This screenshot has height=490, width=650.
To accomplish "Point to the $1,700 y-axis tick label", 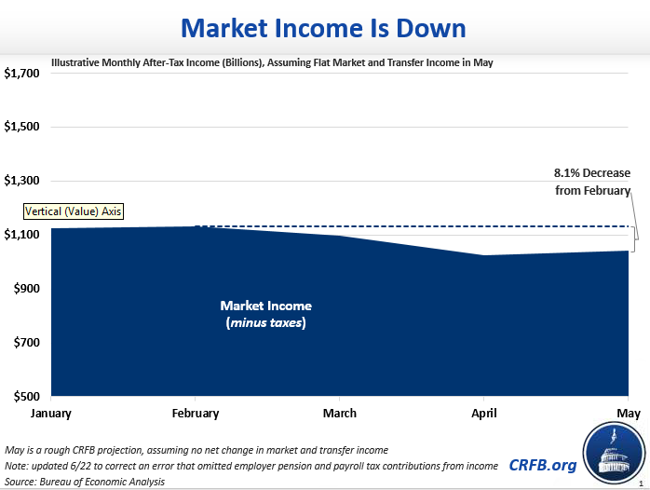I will coord(22,73).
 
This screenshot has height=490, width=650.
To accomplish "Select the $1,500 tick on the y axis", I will coord(22,127).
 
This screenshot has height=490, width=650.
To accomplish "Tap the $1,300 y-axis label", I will coord(22,181).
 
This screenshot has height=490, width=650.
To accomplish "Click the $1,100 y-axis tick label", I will coord(22,235).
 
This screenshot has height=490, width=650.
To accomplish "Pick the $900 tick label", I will coord(24,289).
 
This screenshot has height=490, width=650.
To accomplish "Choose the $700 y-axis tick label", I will coord(24,343).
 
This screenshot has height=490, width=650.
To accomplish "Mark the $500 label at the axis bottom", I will coord(24,397).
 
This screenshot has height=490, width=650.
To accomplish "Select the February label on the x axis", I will coord(195,413).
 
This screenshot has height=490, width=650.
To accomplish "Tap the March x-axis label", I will coord(339,413).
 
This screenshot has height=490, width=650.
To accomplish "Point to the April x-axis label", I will coord(483,413).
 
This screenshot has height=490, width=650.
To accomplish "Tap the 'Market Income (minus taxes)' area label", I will coord(265,314).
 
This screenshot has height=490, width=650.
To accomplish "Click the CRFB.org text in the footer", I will coord(542,465).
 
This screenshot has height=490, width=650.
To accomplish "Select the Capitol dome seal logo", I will coord(614,454).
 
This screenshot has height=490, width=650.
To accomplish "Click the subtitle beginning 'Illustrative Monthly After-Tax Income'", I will coord(272,62).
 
